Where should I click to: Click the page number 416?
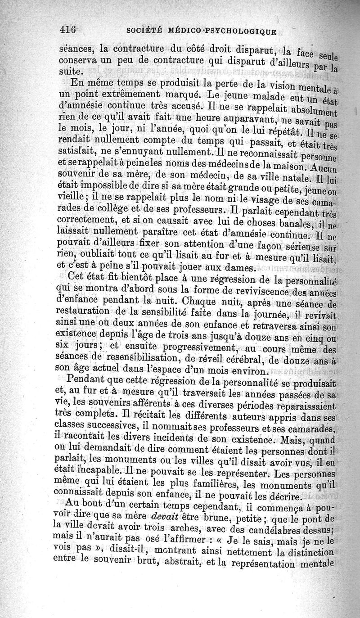pos(69,30)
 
